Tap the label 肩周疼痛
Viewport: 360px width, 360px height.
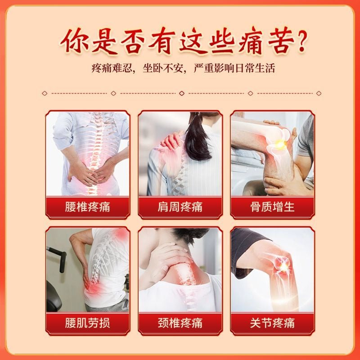(180, 207)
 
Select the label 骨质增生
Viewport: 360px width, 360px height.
(272, 207)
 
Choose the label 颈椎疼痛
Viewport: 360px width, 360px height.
(180, 323)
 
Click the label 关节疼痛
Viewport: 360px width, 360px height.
(272, 323)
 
